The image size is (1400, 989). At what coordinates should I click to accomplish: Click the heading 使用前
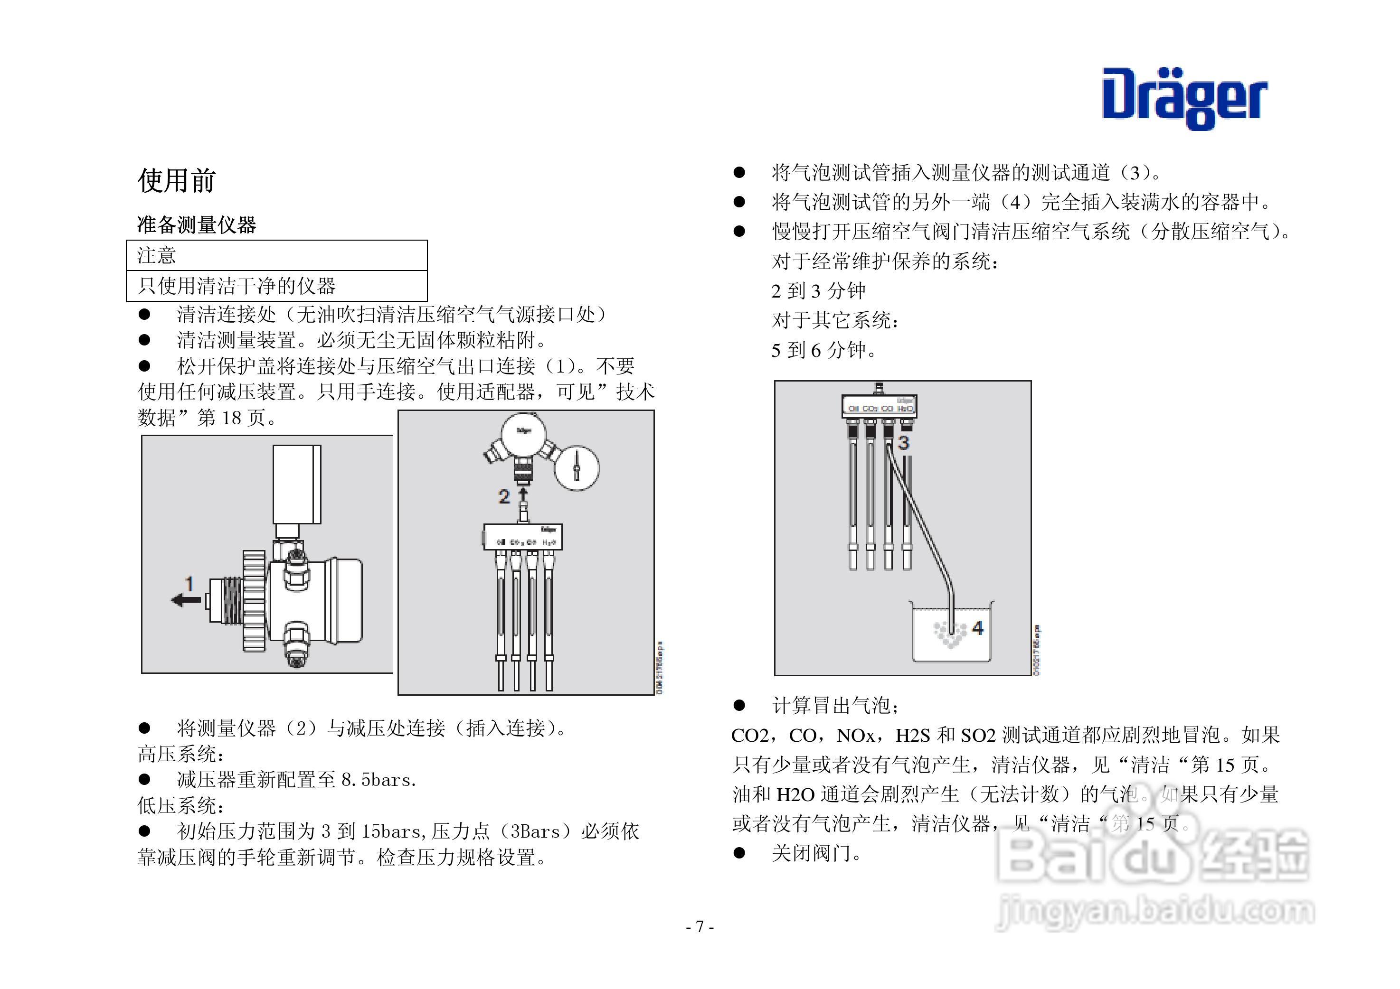tap(176, 180)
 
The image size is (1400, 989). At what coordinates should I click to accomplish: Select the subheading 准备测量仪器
tap(196, 225)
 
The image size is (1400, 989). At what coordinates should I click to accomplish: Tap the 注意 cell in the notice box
tap(157, 255)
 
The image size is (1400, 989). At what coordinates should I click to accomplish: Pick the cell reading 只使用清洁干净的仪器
tap(236, 286)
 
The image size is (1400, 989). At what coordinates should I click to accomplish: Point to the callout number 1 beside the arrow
tap(189, 584)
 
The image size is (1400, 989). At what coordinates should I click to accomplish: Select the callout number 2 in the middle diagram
tap(504, 496)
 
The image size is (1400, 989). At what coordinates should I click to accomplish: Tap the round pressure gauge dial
tap(576, 468)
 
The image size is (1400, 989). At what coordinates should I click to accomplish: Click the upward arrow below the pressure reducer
tap(522, 493)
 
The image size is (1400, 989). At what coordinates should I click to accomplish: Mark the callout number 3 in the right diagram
tap(904, 443)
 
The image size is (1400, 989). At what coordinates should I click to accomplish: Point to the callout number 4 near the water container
tap(977, 628)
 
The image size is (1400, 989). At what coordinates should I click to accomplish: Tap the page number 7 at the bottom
tap(700, 927)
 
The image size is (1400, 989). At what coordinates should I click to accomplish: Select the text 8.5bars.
tap(378, 780)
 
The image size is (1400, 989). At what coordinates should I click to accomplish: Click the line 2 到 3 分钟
tap(818, 290)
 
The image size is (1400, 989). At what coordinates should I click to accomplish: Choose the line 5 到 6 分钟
tap(823, 350)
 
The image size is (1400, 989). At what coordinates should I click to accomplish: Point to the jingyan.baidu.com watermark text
tap(1154, 912)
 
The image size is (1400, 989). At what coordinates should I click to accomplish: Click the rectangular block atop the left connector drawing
tap(297, 484)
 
